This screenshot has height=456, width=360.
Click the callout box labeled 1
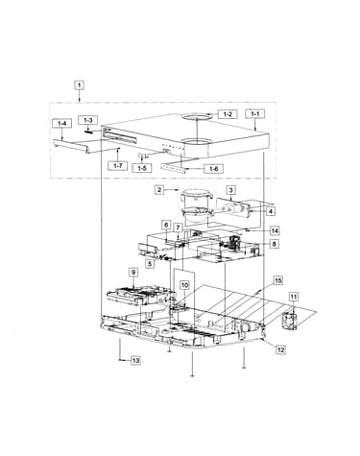(x=80, y=85)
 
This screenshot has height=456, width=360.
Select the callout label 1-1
(x=255, y=113)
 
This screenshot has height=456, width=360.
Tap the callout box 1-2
(x=228, y=114)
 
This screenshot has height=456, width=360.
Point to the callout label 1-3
(x=88, y=120)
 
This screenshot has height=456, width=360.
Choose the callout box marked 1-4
(x=61, y=123)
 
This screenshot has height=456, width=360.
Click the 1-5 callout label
(x=142, y=168)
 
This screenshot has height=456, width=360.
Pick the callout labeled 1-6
(x=213, y=169)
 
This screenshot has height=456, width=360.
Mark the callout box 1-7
(x=118, y=166)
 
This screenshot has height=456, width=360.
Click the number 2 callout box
(x=159, y=189)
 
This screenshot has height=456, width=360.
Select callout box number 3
(x=231, y=190)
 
